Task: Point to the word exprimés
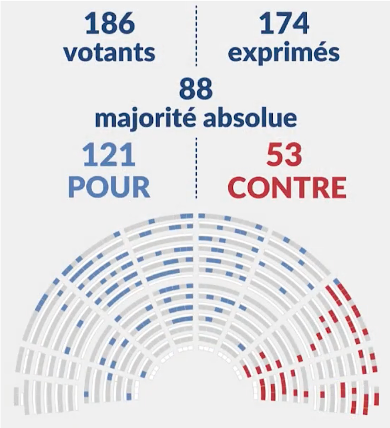click(284, 53)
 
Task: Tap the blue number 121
click(109, 155)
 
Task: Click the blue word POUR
click(109, 187)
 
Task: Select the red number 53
click(284, 155)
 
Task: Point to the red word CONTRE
click(287, 187)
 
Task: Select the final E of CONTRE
click(338, 187)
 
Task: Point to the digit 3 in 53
click(294, 155)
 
